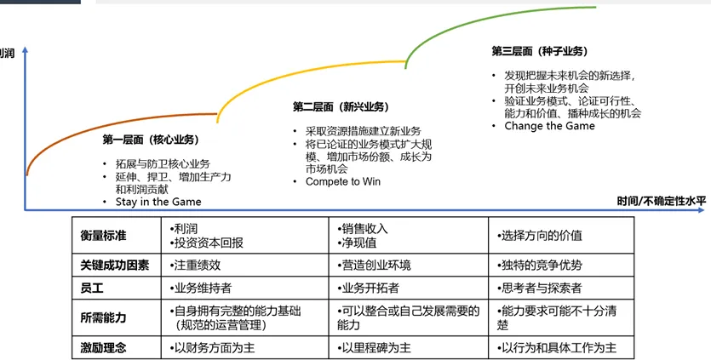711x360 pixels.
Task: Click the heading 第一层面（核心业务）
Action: (151, 139)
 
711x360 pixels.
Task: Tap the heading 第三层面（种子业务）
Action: (539, 51)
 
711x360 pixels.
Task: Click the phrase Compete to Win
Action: (342, 181)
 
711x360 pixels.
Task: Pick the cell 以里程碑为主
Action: (376, 347)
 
